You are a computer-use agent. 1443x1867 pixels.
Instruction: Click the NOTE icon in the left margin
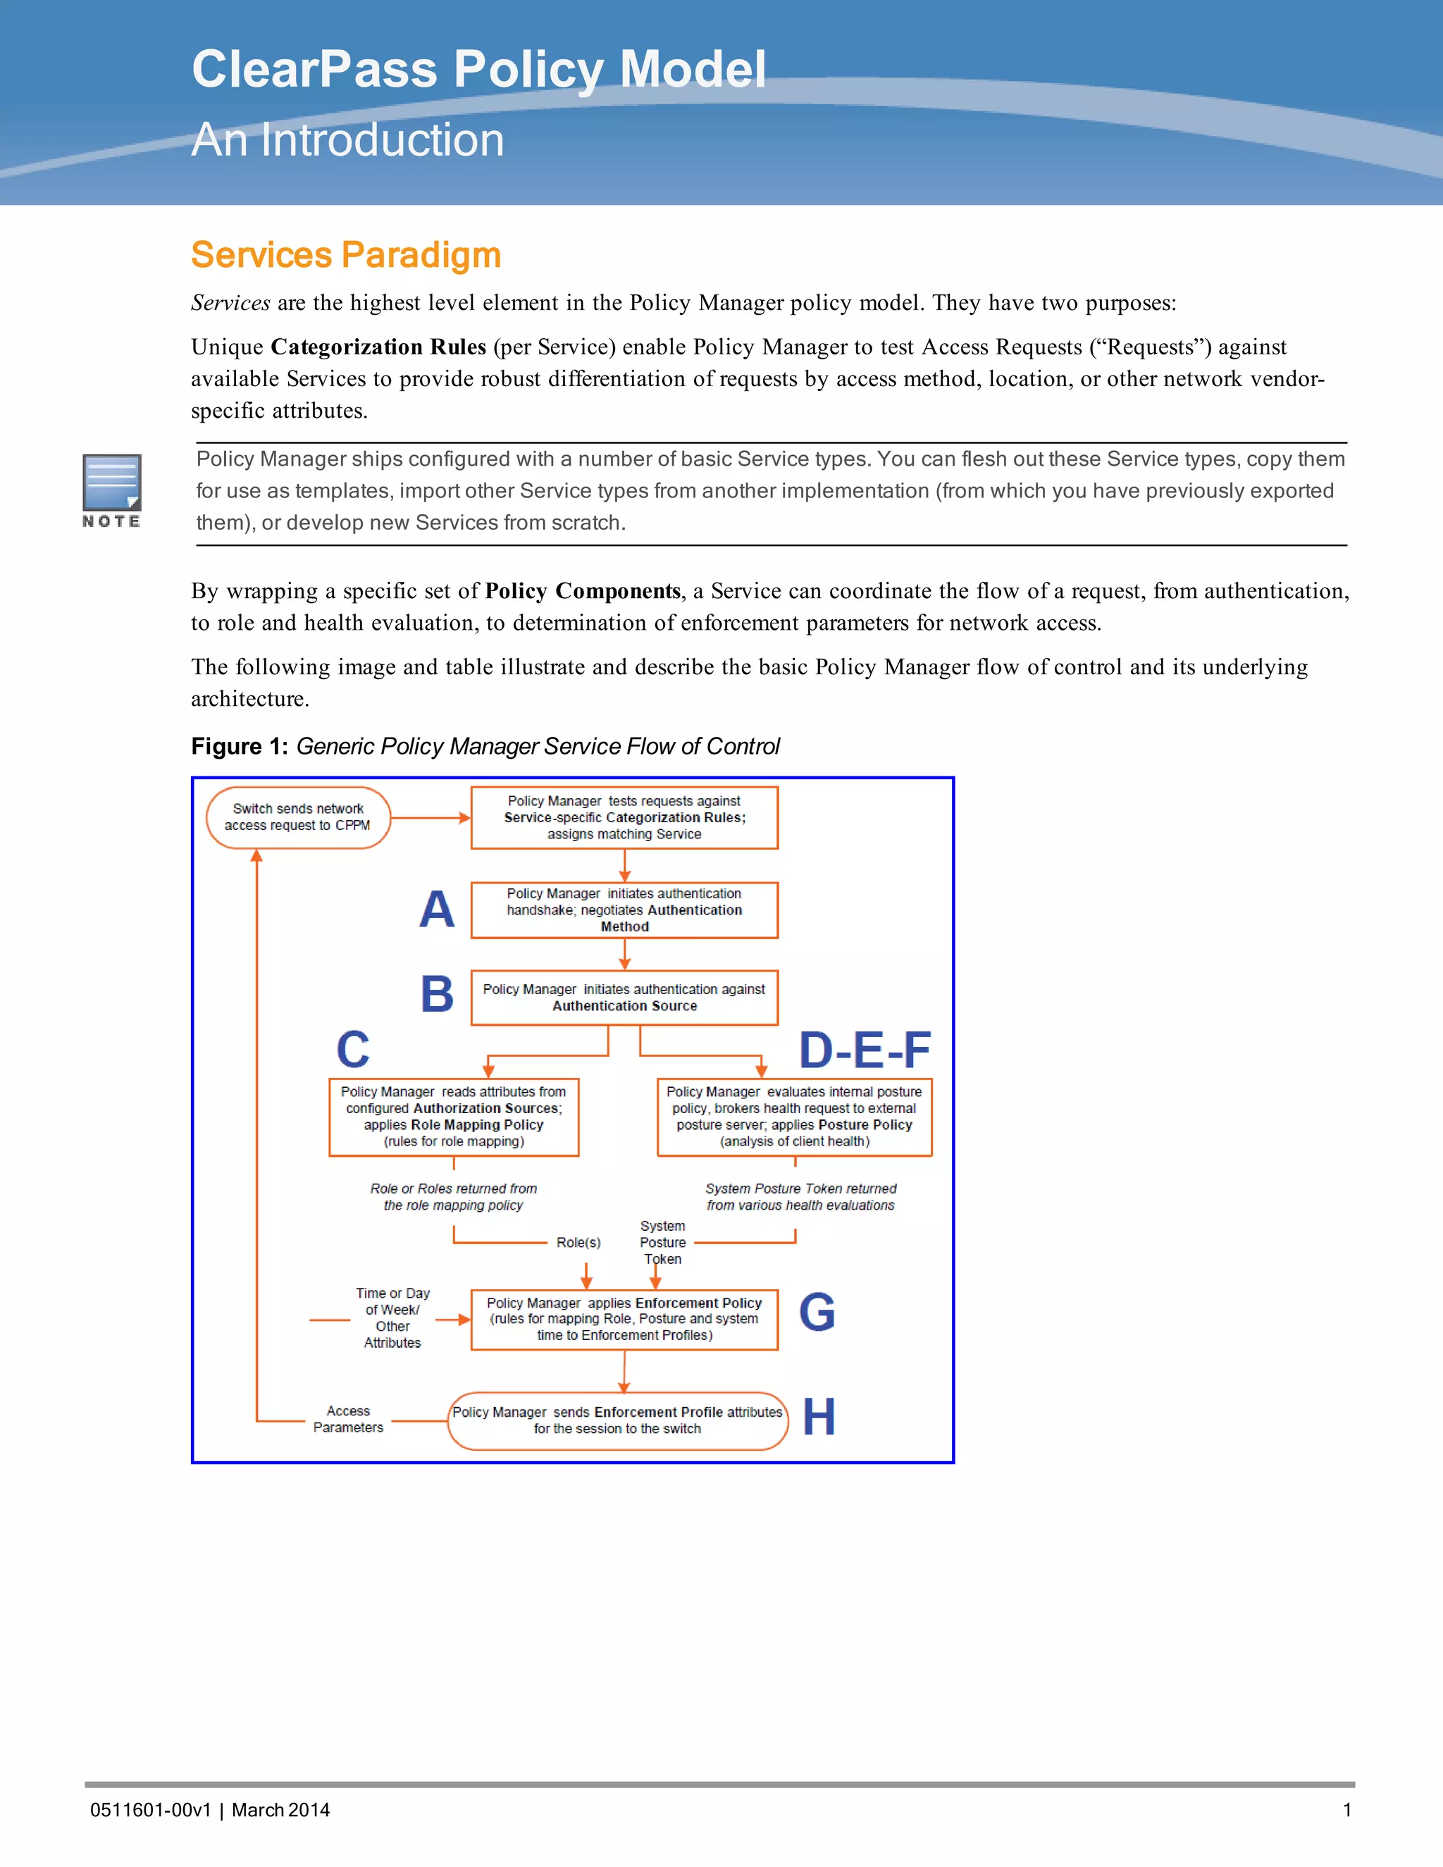pyautogui.click(x=111, y=490)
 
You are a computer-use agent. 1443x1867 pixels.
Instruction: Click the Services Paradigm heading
pyautogui.click(x=345, y=255)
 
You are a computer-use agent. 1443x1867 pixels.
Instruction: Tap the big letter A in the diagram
pyautogui.click(x=437, y=910)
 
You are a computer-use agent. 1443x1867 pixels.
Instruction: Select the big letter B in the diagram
pyautogui.click(x=437, y=994)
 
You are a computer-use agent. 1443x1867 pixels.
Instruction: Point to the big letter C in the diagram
pyautogui.click(x=353, y=1050)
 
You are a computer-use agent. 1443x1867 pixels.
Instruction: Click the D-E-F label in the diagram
pyautogui.click(x=865, y=1050)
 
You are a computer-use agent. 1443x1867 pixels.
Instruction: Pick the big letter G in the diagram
pyautogui.click(x=817, y=1313)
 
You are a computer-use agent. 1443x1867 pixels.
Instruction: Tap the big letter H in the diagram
pyautogui.click(x=818, y=1418)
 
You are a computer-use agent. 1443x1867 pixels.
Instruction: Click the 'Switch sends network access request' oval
pyautogui.click(x=297, y=817)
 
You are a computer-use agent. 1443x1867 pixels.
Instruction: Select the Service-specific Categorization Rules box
pyautogui.click(x=624, y=817)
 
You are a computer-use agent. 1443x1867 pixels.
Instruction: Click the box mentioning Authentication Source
pyautogui.click(x=624, y=997)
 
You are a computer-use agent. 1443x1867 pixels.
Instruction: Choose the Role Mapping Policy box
pyautogui.click(x=453, y=1117)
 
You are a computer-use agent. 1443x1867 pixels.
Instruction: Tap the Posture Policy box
pyautogui.click(x=794, y=1117)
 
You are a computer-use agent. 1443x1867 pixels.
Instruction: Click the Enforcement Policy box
pyautogui.click(x=624, y=1319)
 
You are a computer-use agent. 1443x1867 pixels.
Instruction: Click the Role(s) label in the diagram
pyautogui.click(x=578, y=1242)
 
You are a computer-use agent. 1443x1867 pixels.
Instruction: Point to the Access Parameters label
pyautogui.click(x=348, y=1419)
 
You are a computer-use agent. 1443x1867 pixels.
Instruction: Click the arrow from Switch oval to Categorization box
pyautogui.click(x=430, y=818)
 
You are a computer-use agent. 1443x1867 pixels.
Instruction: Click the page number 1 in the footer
pyautogui.click(x=1346, y=1810)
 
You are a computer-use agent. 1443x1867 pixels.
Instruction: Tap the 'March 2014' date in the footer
pyautogui.click(x=280, y=1810)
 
